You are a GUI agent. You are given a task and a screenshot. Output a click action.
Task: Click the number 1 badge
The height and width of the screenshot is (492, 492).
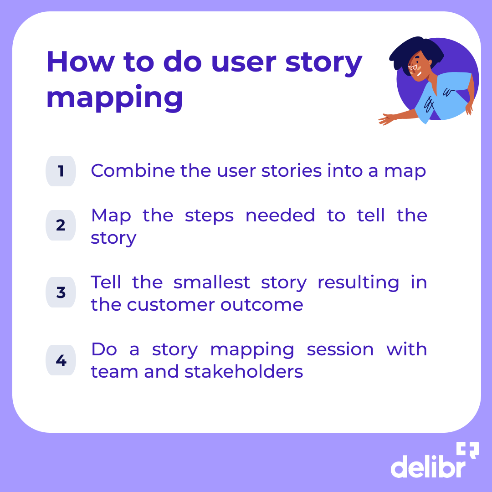coord(61,171)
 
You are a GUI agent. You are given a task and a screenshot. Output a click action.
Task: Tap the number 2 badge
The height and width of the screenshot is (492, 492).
coord(61,225)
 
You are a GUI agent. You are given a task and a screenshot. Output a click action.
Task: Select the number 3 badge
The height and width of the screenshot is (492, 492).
coord(61,292)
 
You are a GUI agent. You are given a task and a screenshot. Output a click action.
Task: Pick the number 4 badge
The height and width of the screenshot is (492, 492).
coord(61,360)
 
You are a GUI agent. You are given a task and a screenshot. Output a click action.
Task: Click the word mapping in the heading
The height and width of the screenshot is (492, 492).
coord(115,98)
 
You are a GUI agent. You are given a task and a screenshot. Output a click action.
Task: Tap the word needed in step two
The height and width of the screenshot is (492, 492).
coord(280,215)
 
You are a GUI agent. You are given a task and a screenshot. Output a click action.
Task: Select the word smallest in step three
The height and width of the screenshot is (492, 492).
coord(212,282)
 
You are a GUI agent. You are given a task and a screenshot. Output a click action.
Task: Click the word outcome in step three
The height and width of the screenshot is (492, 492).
coord(262,305)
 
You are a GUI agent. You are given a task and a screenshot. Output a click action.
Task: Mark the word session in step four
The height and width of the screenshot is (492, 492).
coord(340,350)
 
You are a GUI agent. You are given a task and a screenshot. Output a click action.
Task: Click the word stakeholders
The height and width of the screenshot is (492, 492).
coord(244,372)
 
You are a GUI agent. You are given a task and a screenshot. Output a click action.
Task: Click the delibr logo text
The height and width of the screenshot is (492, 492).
coord(427,466)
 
